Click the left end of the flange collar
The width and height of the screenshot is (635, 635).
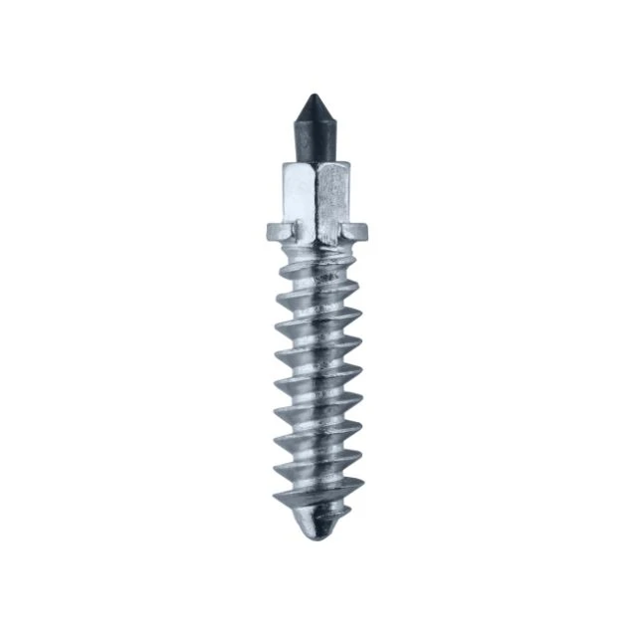coord(272,235)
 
